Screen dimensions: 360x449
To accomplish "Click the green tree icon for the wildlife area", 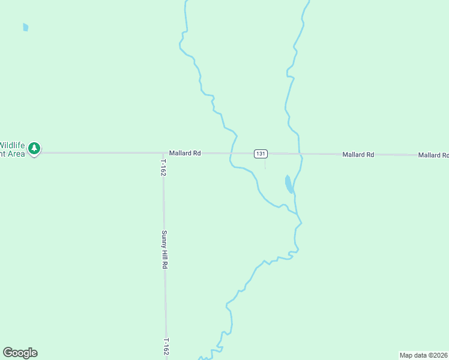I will (x=35, y=148).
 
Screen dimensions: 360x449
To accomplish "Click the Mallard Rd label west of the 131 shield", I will (x=184, y=153).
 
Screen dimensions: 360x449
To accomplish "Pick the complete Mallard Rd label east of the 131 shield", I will (x=358, y=155).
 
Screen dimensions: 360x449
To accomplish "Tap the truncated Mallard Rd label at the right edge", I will (x=433, y=155).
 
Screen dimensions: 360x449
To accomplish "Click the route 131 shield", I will (x=260, y=154).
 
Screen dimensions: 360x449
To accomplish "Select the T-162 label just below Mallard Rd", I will (x=163, y=167).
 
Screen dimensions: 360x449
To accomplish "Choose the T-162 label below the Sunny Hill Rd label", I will (x=165, y=347).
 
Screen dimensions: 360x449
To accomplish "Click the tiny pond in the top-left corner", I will (x=25, y=27).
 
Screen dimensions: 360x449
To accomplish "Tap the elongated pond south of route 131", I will (x=289, y=184).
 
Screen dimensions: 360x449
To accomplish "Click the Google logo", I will (x=20, y=353).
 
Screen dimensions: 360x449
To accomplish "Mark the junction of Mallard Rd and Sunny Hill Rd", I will (x=163, y=153).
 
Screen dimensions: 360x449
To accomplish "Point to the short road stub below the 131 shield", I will (x=265, y=162).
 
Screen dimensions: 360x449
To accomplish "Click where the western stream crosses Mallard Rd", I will (x=231, y=153).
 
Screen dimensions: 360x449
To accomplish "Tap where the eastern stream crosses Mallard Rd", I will (x=300, y=154).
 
